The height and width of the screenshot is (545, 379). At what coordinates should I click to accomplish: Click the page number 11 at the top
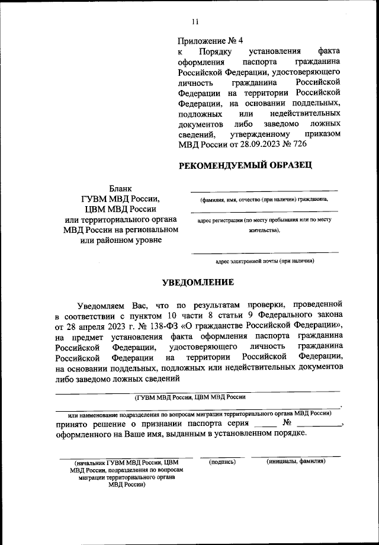(195, 22)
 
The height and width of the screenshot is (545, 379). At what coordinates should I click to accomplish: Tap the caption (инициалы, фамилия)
(296, 461)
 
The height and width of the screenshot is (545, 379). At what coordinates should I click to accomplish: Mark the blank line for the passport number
(319, 426)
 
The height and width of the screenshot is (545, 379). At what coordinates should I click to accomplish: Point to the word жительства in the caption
(264, 230)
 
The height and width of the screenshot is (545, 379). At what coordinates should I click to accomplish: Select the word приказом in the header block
(323, 134)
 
